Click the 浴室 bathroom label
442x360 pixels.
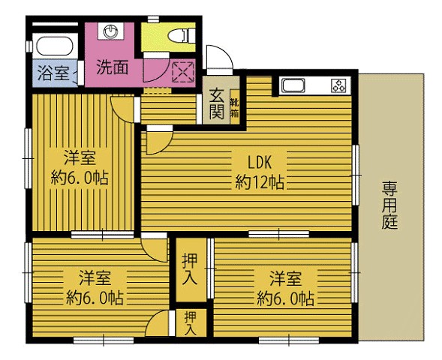pyautogui.click(x=52, y=73)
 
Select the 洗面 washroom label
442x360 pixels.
pyautogui.click(x=112, y=66)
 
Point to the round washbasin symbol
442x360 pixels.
pyautogui.click(x=112, y=32)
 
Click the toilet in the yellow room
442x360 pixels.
pyautogui.click(x=179, y=34)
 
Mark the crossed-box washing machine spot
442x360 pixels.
pyautogui.click(x=182, y=72)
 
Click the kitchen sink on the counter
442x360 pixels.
pyautogui.click(x=292, y=85)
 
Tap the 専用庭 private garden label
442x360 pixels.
pyautogui.click(x=390, y=205)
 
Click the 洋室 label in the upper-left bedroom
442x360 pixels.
pyautogui.click(x=77, y=158)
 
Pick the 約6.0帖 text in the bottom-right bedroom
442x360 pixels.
pyautogui.click(x=284, y=298)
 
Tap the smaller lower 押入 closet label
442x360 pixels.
pyautogui.click(x=191, y=322)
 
